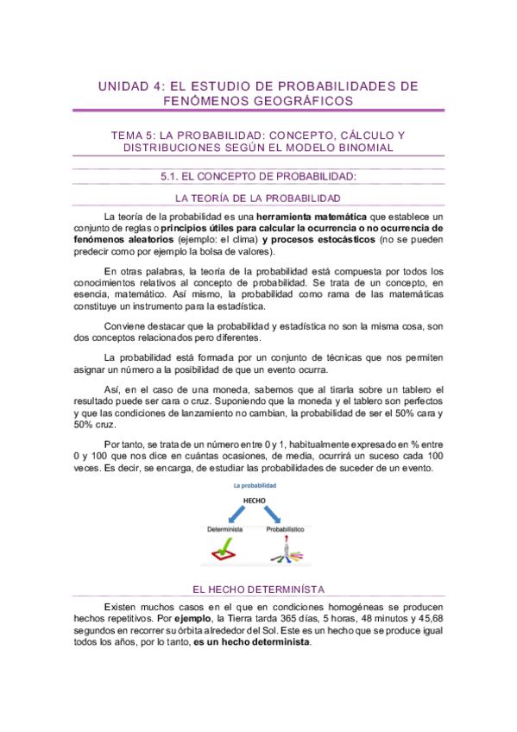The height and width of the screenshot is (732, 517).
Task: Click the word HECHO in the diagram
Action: tap(255, 500)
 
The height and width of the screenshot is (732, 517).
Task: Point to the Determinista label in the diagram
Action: tap(224, 529)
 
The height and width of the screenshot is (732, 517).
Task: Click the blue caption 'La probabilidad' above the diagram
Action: tap(255, 486)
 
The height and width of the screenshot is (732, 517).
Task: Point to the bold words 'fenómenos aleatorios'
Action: tap(123, 239)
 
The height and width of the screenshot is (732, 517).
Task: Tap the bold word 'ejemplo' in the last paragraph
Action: tap(192, 619)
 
